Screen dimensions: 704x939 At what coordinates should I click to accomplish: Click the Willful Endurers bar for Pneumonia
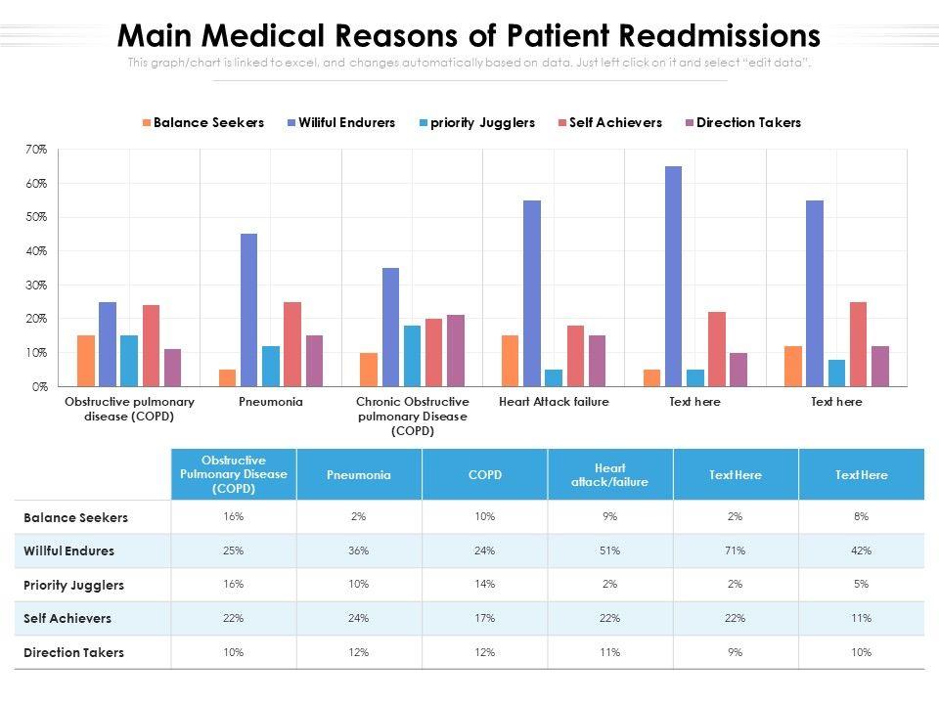point(248,310)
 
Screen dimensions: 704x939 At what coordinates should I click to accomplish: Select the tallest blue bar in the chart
point(673,276)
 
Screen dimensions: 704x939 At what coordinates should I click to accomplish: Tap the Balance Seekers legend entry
point(202,123)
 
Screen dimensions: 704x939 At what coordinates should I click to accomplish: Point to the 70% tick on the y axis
point(36,150)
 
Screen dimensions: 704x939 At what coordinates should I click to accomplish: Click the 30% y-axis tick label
point(36,286)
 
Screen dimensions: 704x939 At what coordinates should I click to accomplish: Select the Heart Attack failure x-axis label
point(553,402)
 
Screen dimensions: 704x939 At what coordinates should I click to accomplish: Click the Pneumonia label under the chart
point(270,402)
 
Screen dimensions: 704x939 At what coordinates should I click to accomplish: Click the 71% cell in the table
point(736,550)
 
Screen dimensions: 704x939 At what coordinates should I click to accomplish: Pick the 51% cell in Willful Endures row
point(610,550)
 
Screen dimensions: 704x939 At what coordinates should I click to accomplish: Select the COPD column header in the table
point(484,474)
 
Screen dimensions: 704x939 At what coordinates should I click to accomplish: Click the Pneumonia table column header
point(359,474)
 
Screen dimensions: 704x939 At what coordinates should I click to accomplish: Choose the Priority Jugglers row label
point(73,585)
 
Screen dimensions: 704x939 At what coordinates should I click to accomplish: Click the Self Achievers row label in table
point(67,618)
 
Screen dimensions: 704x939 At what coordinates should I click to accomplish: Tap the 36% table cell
point(359,550)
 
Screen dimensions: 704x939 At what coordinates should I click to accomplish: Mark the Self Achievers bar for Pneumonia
point(292,343)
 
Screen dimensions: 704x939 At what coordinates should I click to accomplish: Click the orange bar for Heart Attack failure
point(510,361)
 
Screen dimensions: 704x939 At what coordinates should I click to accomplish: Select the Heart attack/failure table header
point(610,474)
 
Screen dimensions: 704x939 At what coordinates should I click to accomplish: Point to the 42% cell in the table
point(861,550)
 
